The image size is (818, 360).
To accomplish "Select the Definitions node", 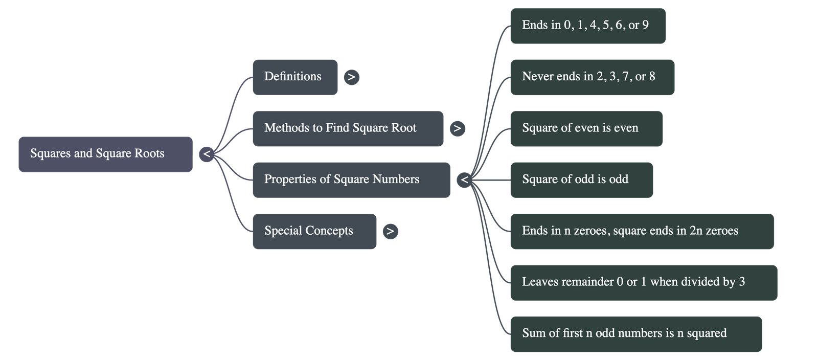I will pyautogui.click(x=294, y=77).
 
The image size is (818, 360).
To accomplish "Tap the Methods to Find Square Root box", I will pyautogui.click(x=348, y=128).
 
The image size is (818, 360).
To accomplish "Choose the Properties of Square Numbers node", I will pyautogui.click(x=351, y=179).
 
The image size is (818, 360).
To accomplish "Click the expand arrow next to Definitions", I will pyautogui.click(x=351, y=77).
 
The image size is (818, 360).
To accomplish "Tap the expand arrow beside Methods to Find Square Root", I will pyautogui.click(x=457, y=128).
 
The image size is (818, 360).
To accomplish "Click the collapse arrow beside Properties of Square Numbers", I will pyautogui.click(x=464, y=180).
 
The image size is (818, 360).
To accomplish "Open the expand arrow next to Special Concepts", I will pyautogui.click(x=390, y=231).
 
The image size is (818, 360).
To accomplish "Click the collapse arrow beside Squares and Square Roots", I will pyautogui.click(x=207, y=154).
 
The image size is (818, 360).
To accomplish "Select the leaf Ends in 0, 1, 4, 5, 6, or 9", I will pyautogui.click(x=587, y=26).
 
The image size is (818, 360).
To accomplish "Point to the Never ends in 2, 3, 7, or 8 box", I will pyautogui.click(x=592, y=77).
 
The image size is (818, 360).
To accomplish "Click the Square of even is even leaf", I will pyautogui.click(x=586, y=128).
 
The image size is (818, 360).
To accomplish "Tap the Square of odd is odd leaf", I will pyautogui.click(x=581, y=179).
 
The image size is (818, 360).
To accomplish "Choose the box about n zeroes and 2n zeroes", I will pyautogui.click(x=642, y=231).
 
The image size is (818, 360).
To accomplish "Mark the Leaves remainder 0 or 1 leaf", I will pyautogui.click(x=643, y=282).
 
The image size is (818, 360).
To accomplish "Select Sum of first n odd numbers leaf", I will pyautogui.click(x=635, y=334).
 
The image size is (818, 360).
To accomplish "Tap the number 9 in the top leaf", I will pyautogui.click(x=645, y=25).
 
